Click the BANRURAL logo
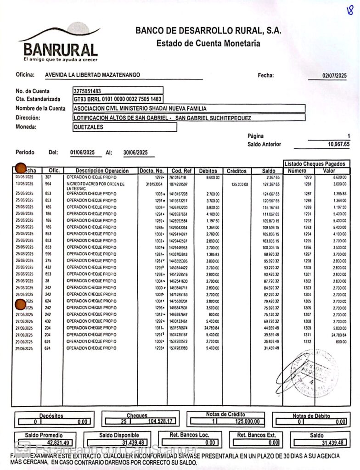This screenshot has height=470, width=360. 60,45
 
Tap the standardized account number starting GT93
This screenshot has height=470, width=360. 117,99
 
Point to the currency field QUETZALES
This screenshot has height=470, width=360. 88,127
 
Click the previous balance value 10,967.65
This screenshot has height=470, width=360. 338,144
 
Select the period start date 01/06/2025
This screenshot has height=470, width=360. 83,152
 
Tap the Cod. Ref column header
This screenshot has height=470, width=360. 180,171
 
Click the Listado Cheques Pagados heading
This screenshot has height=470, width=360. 316,164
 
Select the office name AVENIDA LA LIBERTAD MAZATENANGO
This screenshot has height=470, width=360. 93,75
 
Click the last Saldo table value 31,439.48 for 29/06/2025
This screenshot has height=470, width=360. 269,348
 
